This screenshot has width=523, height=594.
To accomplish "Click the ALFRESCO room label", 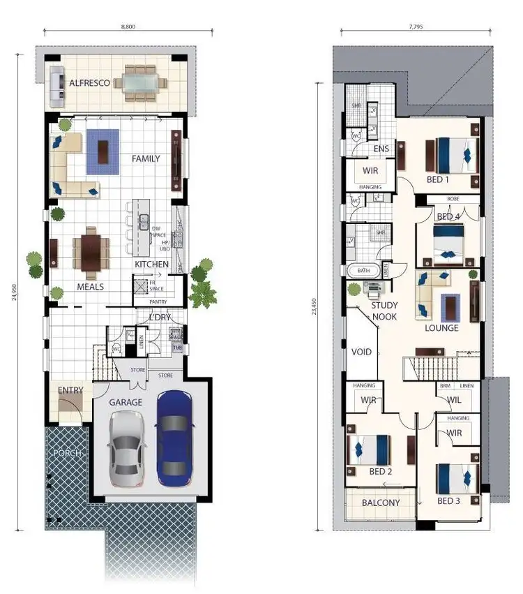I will (x=90, y=83).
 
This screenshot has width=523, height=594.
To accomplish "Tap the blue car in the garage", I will (x=174, y=438).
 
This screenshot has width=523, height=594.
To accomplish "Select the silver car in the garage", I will (x=126, y=447).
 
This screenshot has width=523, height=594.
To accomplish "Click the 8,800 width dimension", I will (x=128, y=26).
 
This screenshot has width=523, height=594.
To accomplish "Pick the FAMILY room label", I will (x=146, y=159).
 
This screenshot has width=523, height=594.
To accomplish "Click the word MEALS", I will (x=91, y=287).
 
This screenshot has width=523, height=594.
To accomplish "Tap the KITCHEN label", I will (x=152, y=265).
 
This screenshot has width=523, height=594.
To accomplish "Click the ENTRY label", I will (x=70, y=390).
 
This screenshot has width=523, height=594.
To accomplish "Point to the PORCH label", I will (x=67, y=453).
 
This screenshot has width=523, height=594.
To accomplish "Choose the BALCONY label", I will (x=381, y=503).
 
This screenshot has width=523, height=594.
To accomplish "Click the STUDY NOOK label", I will (x=384, y=311).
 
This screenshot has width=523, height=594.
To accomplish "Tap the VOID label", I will (x=362, y=352).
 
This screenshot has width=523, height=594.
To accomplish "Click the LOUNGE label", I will (x=442, y=327).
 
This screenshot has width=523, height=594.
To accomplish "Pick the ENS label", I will (x=381, y=149).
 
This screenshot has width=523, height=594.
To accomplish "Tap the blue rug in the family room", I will (x=105, y=153).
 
